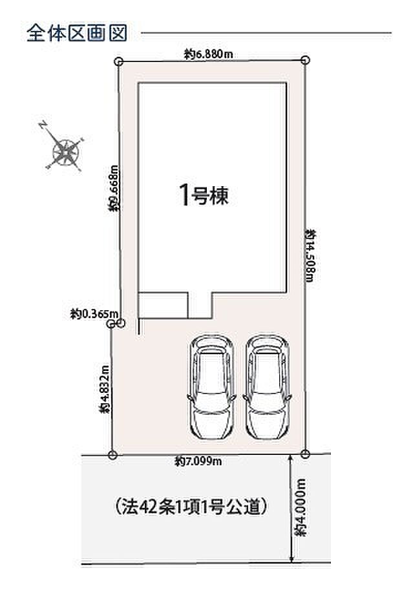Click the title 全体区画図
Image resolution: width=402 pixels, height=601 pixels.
(77, 33)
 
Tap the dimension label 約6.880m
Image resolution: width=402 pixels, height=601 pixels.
(208, 54)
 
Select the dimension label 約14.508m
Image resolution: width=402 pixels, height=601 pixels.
(310, 255)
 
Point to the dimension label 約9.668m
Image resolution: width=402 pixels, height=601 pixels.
(114, 188)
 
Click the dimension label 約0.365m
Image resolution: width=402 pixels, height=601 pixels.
(94, 314)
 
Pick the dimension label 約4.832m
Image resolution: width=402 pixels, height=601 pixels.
(104, 388)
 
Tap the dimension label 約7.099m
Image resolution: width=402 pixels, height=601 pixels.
(198, 461)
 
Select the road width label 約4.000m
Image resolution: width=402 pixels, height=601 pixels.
(301, 507)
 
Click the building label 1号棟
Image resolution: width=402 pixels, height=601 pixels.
(204, 195)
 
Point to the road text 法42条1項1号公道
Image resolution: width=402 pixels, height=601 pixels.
(191, 507)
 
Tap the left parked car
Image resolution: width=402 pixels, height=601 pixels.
(211, 387)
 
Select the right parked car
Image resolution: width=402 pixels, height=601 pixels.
(267, 387)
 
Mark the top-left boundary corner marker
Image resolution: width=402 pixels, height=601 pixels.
(118, 61)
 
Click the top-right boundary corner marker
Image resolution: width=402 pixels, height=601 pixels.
(305, 60)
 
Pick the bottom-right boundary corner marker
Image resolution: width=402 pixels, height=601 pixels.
(305, 454)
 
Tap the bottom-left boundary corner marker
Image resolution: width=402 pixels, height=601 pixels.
(112, 456)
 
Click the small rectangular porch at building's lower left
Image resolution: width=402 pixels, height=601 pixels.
(163, 306)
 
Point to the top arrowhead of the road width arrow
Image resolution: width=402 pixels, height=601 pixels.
(291, 458)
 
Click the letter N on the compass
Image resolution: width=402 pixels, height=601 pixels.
(42, 125)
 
